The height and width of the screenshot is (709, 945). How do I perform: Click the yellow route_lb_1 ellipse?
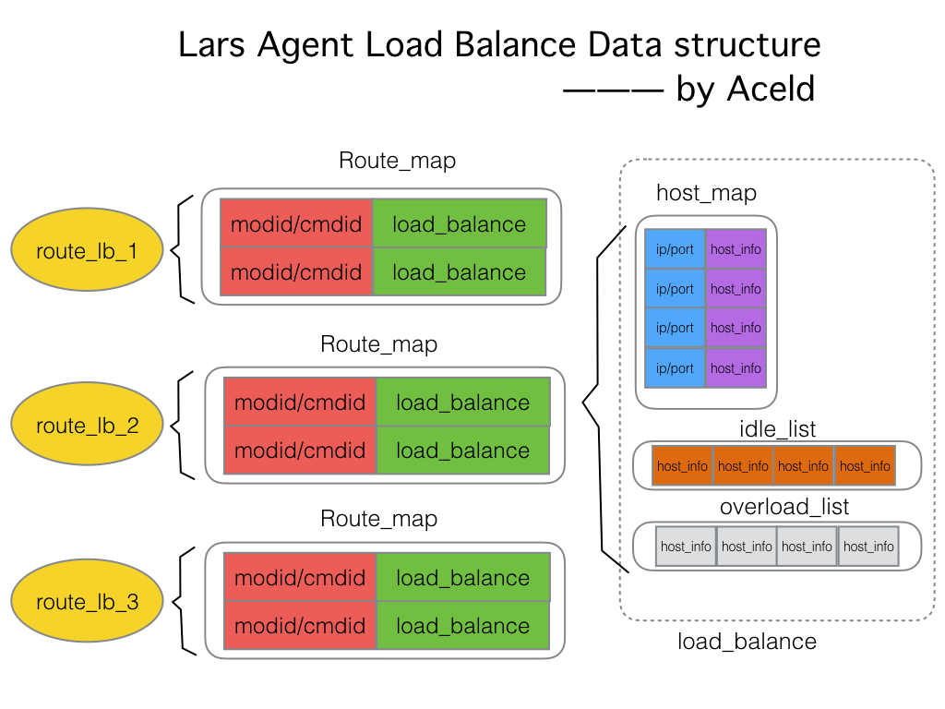click(88, 249)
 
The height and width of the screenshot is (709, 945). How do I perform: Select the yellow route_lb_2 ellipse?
click(88, 426)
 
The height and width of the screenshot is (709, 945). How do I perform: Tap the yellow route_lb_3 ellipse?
click(88, 602)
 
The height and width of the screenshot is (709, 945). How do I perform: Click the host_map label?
click(706, 193)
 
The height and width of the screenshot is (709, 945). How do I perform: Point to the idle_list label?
click(777, 428)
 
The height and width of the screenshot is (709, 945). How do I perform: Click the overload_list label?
click(784, 507)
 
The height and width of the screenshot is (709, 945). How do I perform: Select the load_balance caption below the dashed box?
click(747, 641)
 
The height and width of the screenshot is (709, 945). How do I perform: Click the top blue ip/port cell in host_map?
click(676, 249)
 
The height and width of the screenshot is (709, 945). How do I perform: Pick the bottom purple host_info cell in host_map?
click(736, 367)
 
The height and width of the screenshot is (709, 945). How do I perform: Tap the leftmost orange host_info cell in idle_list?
click(682, 466)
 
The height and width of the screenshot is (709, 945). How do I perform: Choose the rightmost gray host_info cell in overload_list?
click(867, 547)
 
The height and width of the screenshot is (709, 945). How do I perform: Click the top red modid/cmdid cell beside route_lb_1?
click(296, 223)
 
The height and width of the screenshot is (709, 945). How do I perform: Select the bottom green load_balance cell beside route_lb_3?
click(462, 626)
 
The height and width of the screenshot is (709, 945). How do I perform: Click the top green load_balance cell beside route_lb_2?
click(462, 403)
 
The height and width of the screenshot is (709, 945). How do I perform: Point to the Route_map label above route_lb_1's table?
click(397, 160)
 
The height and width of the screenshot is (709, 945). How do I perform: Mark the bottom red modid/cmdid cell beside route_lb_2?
click(300, 451)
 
